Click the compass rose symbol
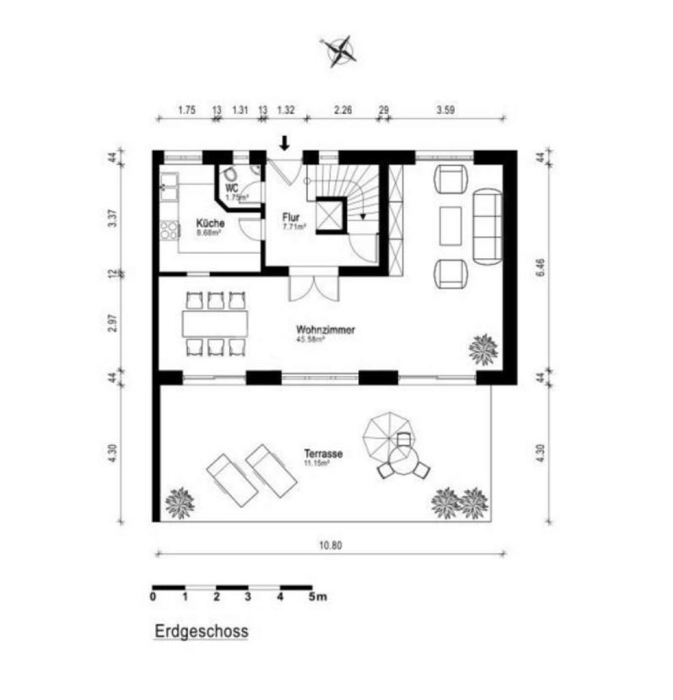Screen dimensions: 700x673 (x=340, y=51)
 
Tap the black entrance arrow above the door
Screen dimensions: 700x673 (x=285, y=143)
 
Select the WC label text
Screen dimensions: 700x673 (x=232, y=188)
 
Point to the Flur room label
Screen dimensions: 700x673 (x=291, y=216)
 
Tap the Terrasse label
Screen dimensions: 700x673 (x=323, y=454)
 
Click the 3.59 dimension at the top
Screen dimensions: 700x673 (x=446, y=109)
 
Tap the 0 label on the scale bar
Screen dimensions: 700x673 (x=153, y=598)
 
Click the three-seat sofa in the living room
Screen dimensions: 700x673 (x=487, y=224)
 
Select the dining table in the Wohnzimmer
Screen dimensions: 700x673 (x=215, y=323)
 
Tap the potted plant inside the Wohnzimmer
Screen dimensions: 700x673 (x=483, y=347)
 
